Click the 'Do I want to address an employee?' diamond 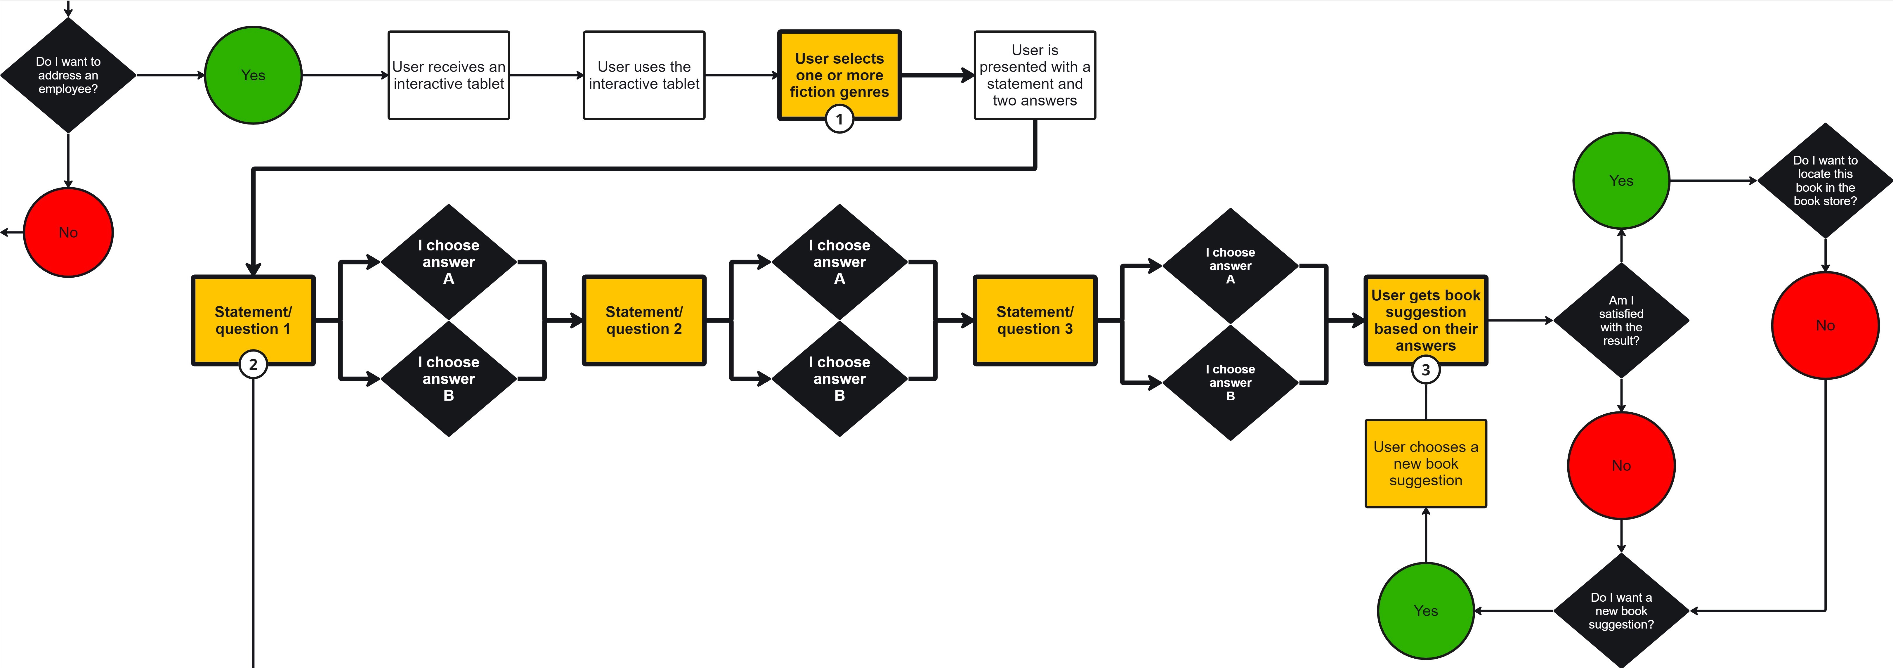[68, 75]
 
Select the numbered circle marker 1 [839, 119]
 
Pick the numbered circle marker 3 [1426, 370]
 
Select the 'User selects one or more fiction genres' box [839, 75]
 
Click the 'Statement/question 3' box [1035, 320]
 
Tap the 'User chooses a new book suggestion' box [1426, 464]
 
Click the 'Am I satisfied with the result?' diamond [1621, 320]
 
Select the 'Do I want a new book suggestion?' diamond [1621, 611]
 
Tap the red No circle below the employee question [68, 232]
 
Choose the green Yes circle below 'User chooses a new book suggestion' [1426, 611]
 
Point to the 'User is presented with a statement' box [1035, 75]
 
